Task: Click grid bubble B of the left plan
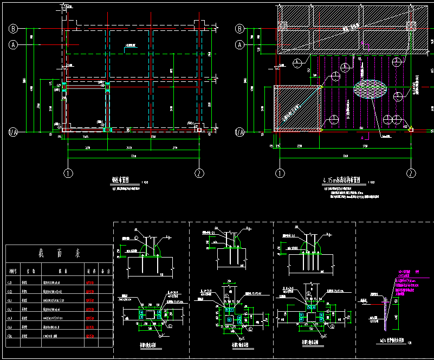14,29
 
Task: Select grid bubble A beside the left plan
14,45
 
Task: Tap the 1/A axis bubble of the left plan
14,131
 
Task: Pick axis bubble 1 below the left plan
68,173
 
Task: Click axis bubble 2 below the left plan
199,173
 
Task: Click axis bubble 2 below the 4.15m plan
411,173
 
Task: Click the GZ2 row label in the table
10,292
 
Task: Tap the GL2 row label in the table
10,310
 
